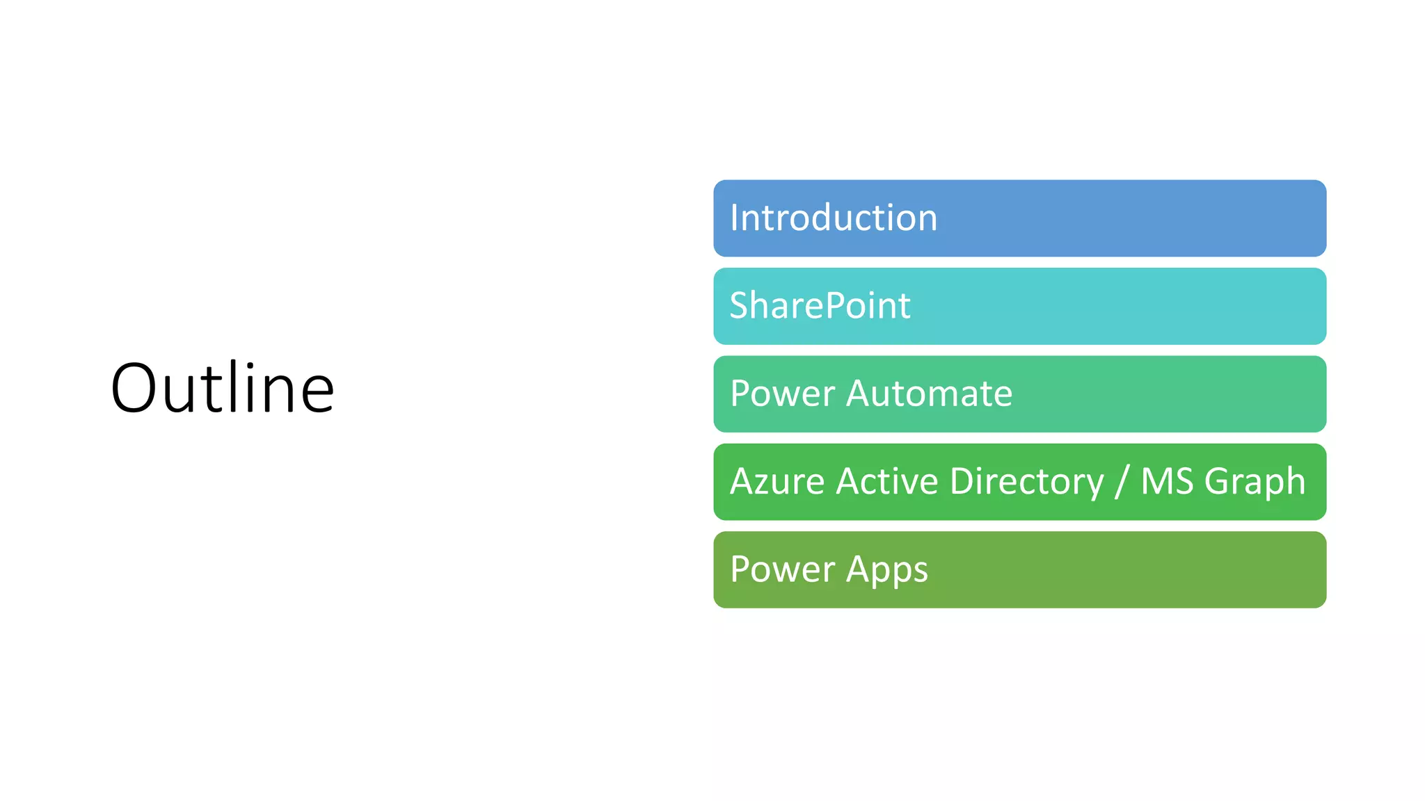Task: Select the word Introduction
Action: point(834,218)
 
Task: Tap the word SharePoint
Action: point(820,306)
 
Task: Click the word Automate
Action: point(929,394)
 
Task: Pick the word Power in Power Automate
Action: point(782,394)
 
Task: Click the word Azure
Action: point(777,481)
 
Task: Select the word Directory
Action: point(1026,481)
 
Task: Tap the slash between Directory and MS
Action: point(1121,481)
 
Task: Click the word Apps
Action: point(886,570)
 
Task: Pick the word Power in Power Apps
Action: point(782,569)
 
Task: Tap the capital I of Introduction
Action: point(734,218)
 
